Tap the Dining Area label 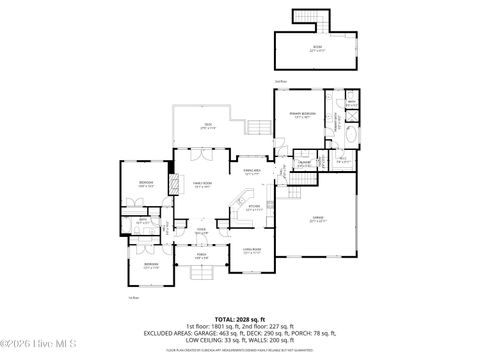(x=252, y=171)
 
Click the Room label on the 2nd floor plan (x=316, y=47)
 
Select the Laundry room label (x=303, y=164)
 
